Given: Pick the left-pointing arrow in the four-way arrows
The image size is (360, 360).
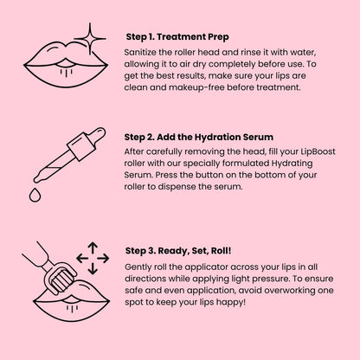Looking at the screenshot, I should pyautogui.click(x=80, y=256).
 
